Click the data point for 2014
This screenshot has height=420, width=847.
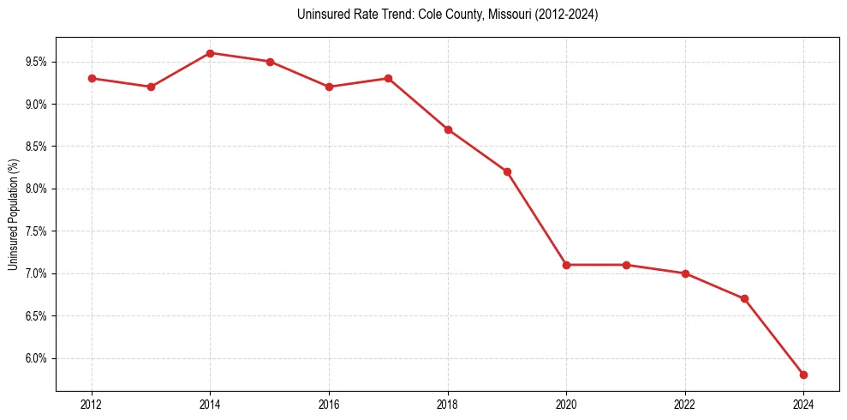[x=210, y=53]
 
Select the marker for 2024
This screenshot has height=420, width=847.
[x=803, y=375]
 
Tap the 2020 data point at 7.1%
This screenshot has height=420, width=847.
[x=566, y=265]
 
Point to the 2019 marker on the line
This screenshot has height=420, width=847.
[x=507, y=171]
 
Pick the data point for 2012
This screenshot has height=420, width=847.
[x=92, y=78]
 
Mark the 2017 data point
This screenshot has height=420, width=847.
[x=388, y=78]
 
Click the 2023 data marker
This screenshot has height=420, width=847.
[x=744, y=298]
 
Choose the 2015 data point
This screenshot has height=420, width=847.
[x=270, y=62]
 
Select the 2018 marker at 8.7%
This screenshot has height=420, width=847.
[x=448, y=129]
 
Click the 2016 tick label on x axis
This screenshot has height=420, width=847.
[x=329, y=404]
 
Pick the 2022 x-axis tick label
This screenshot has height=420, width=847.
[x=685, y=404]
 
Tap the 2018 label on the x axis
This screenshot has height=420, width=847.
[x=448, y=404]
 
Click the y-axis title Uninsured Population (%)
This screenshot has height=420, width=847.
[x=13, y=214]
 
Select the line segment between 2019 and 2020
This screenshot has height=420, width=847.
[x=537, y=219]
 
